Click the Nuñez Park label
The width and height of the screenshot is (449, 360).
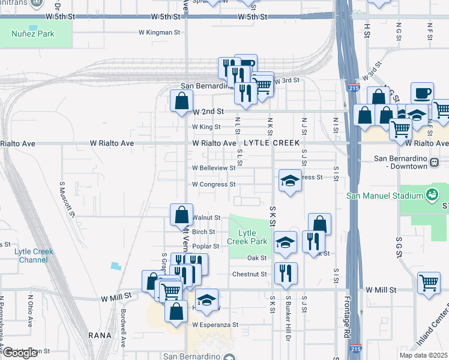point(33,34)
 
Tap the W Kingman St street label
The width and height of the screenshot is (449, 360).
point(160,32)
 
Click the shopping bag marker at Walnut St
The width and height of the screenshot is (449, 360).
point(181,215)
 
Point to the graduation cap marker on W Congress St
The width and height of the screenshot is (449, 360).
point(290,181)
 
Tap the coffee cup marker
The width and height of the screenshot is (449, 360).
point(422,94)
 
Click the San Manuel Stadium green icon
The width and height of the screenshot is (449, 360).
point(430,194)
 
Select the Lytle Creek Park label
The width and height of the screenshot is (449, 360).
point(247,237)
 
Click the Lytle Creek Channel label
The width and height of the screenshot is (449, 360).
point(33,256)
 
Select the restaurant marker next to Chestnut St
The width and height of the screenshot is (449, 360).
point(286,273)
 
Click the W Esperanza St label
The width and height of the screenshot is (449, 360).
point(215,325)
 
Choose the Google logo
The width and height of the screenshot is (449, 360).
point(20,353)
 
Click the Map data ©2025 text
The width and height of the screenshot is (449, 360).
point(424,355)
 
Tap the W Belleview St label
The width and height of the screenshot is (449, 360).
point(214,168)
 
